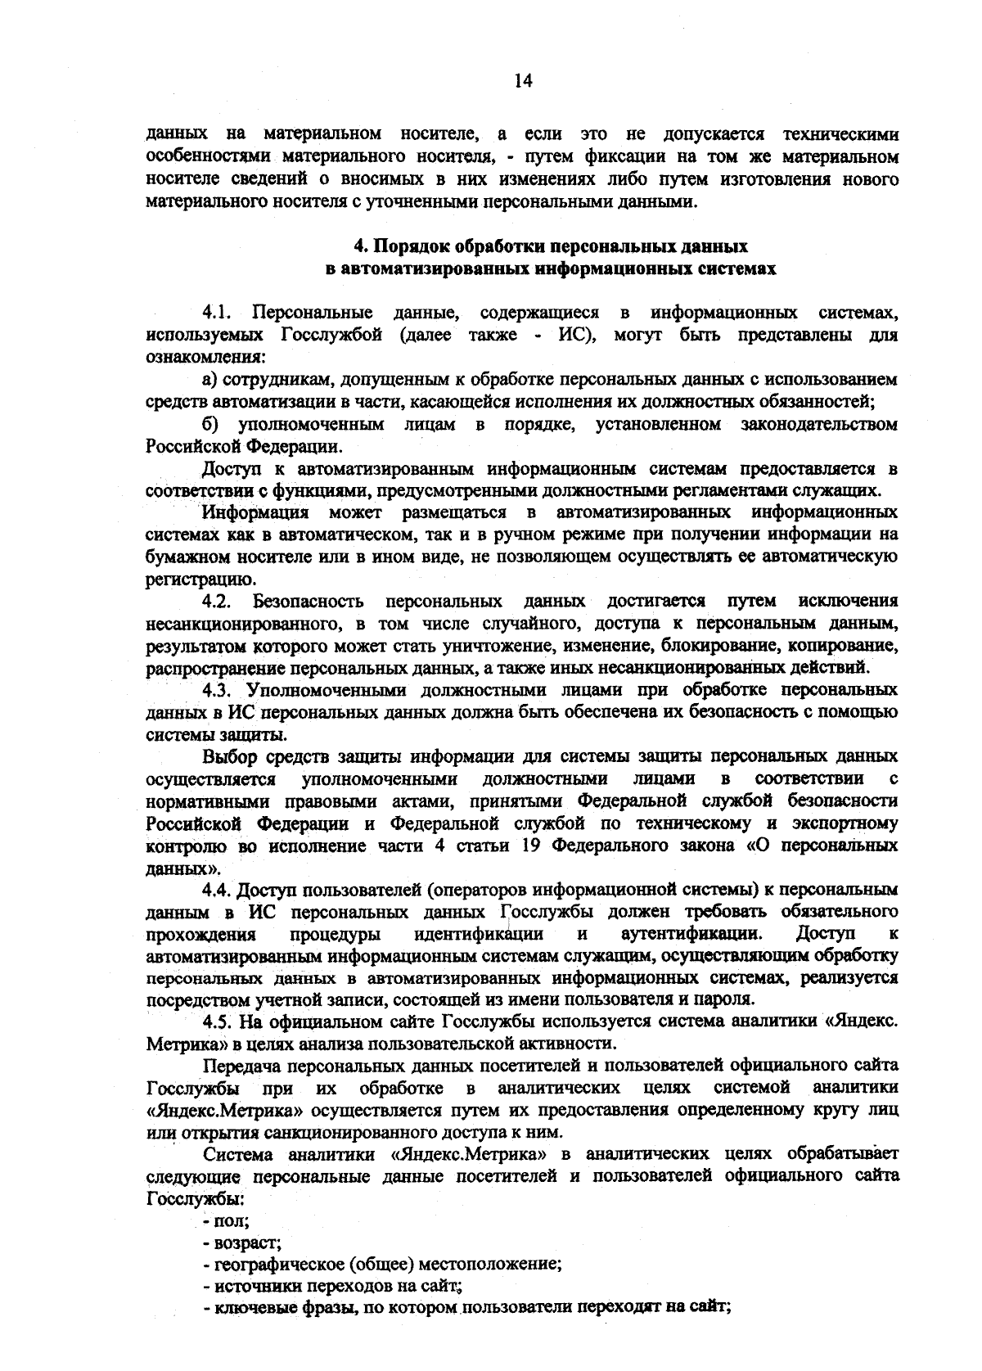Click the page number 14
pos(524,80)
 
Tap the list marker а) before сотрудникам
pos(210,380)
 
